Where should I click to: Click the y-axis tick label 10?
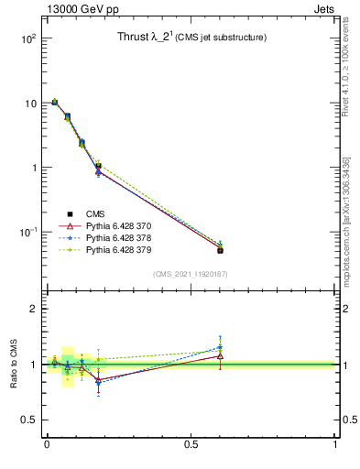pyautogui.click(x=28, y=104)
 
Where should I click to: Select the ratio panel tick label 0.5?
pyautogui.click(x=27, y=420)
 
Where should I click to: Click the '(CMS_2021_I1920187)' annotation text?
pyautogui.click(x=191, y=274)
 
